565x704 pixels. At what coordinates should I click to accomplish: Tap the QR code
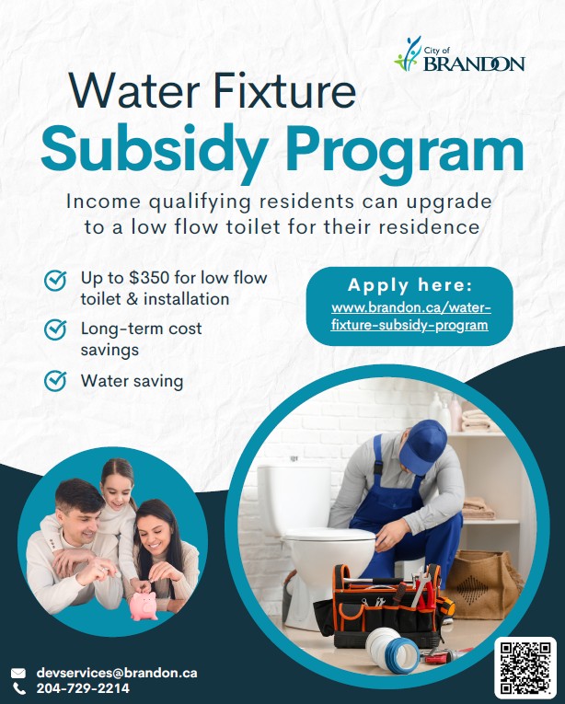pos(525,666)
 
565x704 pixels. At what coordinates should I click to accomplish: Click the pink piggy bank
pos(145,602)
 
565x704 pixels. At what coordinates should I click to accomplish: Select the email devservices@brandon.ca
pos(116,673)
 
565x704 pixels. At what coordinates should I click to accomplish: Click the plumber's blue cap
pos(422,444)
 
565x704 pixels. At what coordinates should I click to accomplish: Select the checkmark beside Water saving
pos(55,380)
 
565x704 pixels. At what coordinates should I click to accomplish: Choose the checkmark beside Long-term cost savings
pos(55,329)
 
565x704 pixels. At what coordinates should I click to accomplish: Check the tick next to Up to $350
pos(55,279)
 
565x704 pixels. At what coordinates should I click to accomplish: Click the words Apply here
pos(409,284)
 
